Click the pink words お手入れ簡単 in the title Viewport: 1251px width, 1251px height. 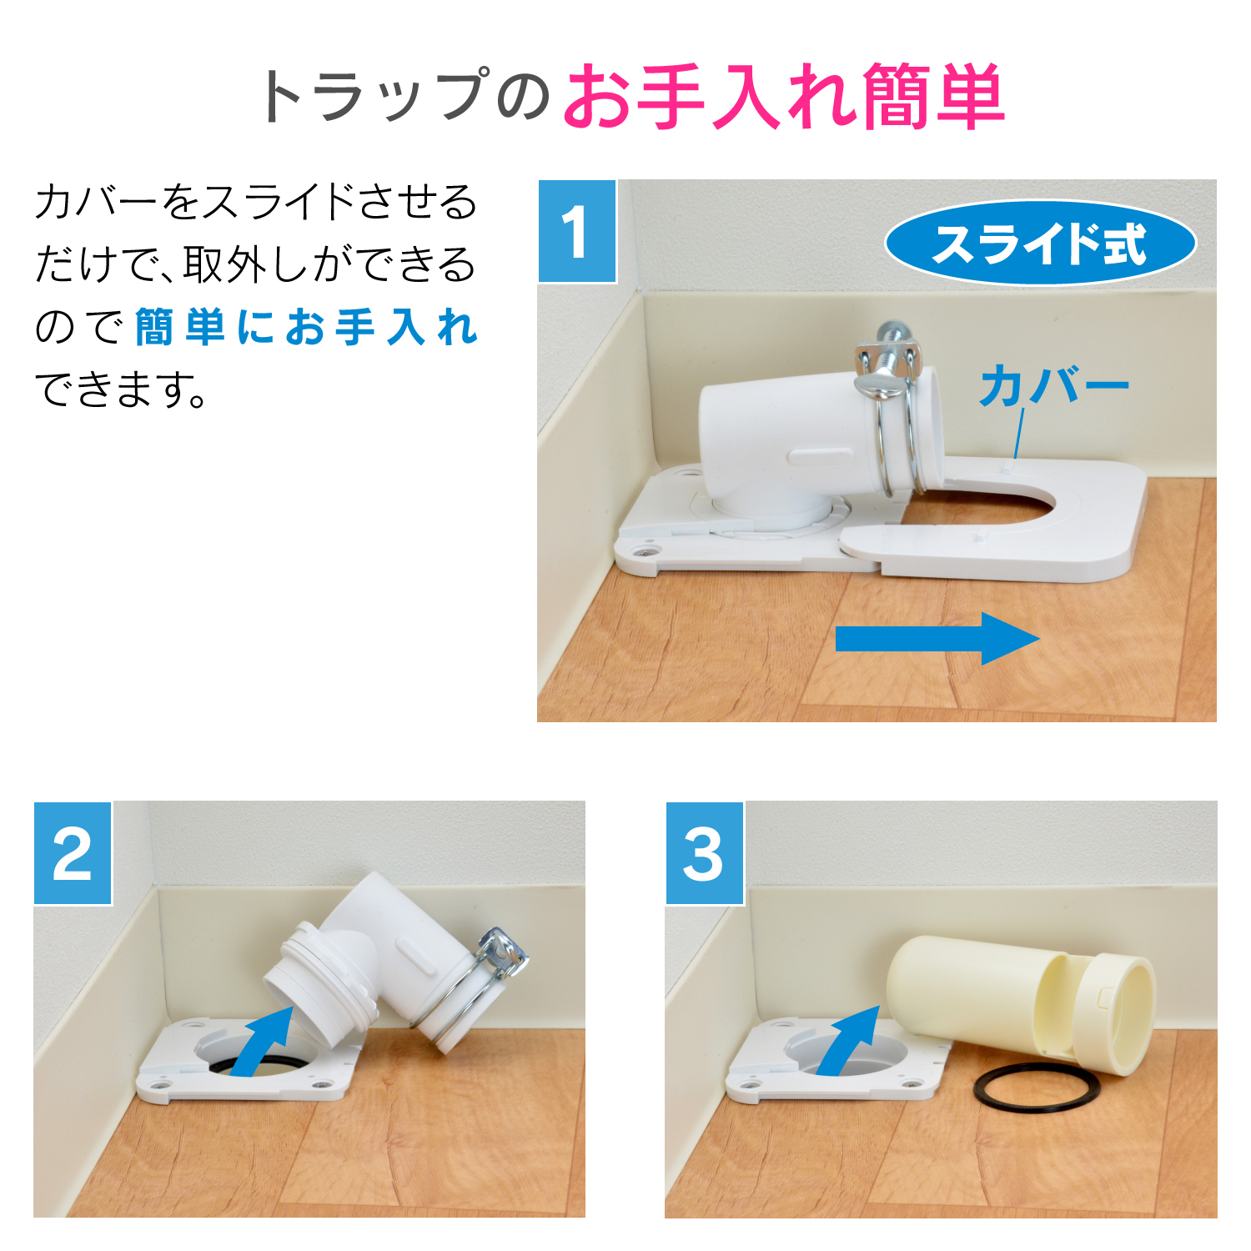pyautogui.click(x=784, y=97)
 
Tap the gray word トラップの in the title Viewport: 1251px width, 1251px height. pyautogui.click(x=405, y=97)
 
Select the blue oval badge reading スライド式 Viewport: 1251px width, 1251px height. pyautogui.click(x=1040, y=244)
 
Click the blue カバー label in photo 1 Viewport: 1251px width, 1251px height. pyautogui.click(x=1054, y=386)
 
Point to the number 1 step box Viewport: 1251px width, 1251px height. pyautogui.click(x=577, y=231)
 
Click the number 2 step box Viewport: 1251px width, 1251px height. pyautogui.click(x=73, y=853)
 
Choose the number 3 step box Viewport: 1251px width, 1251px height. pyautogui.click(x=705, y=853)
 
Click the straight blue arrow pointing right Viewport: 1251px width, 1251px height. pyautogui.click(x=937, y=639)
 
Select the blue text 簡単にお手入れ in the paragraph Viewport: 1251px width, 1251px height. pyautogui.click(x=306, y=327)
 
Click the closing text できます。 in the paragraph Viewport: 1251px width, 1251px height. pyautogui.click(x=121, y=389)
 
